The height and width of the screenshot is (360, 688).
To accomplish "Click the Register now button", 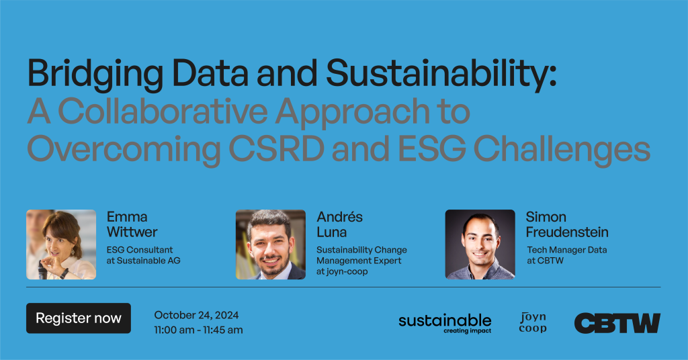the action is pyautogui.click(x=79, y=318).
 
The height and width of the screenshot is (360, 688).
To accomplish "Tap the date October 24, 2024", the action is pyautogui.click(x=196, y=315).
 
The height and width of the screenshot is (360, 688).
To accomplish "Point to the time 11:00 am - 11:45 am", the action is pyautogui.click(x=198, y=330).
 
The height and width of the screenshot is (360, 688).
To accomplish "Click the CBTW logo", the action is pyautogui.click(x=617, y=323).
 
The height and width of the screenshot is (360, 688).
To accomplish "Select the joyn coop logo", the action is pyautogui.click(x=533, y=323).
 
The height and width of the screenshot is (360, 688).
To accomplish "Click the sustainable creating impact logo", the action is pyautogui.click(x=445, y=324).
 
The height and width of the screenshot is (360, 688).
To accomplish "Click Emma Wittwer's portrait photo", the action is pyautogui.click(x=61, y=244).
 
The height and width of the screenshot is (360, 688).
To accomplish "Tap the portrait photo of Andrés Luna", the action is pyautogui.click(x=271, y=244).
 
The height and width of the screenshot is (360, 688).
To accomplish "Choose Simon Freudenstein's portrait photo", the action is pyautogui.click(x=480, y=244).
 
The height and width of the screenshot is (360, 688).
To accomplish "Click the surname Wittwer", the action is pyautogui.click(x=132, y=232).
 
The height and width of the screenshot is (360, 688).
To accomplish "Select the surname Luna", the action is pyautogui.click(x=332, y=232).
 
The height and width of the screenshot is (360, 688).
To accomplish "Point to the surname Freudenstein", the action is pyautogui.click(x=567, y=232).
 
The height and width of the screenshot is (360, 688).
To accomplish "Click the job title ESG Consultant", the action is pyautogui.click(x=140, y=250).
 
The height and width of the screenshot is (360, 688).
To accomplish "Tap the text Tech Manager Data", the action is pyautogui.click(x=567, y=250).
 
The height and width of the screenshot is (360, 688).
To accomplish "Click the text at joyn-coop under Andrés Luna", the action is pyautogui.click(x=342, y=271).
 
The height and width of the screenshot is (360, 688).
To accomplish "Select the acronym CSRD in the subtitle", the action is pyautogui.click(x=276, y=148).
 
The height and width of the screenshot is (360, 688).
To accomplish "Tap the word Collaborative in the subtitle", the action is pyautogui.click(x=163, y=111).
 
